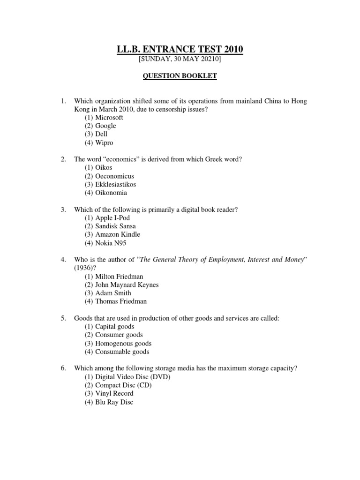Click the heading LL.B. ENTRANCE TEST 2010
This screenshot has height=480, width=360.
[180, 50]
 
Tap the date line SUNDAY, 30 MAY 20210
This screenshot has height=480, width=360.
[180, 60]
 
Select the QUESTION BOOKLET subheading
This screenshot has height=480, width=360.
[180, 76]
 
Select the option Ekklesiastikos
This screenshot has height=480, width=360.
[112, 184]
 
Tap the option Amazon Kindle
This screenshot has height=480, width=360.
[112, 234]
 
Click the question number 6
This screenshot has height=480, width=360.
[63, 368]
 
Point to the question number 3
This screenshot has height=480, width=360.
[63, 210]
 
